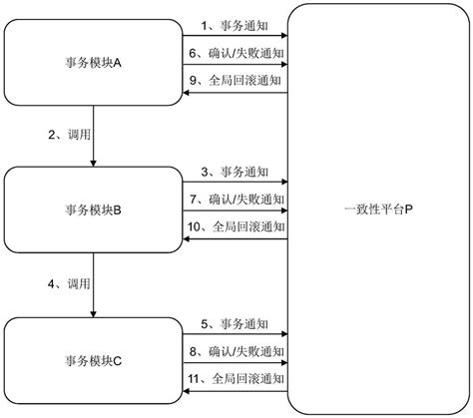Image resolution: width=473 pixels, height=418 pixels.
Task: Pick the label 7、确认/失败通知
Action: tap(235, 201)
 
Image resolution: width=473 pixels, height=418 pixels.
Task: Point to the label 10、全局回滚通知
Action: tap(235, 228)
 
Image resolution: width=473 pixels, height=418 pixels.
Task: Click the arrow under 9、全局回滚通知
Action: tap(235, 93)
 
